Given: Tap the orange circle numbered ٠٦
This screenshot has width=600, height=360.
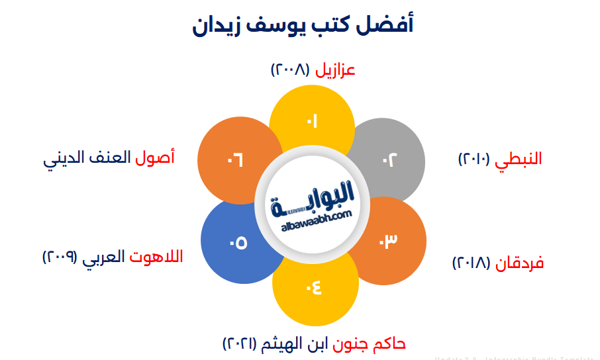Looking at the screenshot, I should pyautogui.click(x=236, y=159).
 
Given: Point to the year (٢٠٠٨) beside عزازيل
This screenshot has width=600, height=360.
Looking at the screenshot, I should pyautogui.click(x=291, y=69).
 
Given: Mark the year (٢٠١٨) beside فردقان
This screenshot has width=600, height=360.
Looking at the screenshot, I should pyautogui.click(x=472, y=263).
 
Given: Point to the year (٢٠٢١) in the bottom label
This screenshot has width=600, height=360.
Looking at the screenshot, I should pyautogui.click(x=243, y=343).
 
